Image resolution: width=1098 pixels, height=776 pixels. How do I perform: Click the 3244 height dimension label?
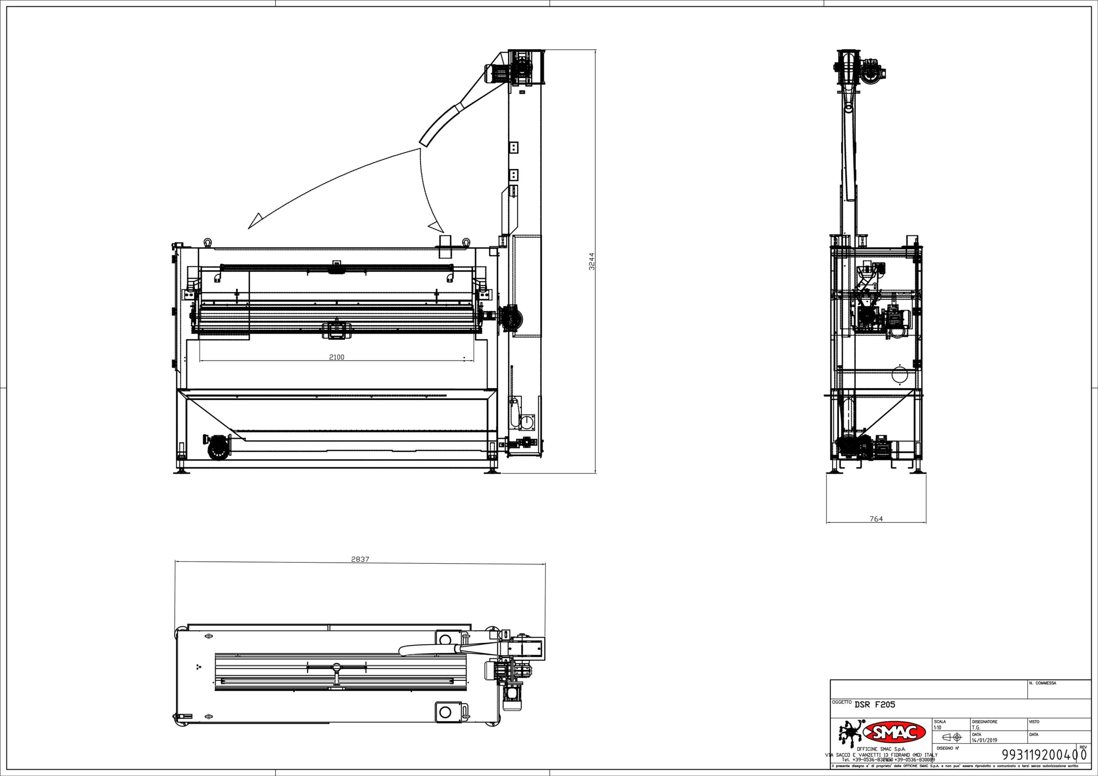(591, 262)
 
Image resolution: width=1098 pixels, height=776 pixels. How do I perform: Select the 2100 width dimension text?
(337, 357)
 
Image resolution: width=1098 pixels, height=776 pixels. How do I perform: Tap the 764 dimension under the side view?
(876, 519)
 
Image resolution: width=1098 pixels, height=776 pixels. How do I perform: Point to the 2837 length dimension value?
(360, 559)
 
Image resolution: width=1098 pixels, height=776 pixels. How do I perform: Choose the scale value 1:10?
(937, 727)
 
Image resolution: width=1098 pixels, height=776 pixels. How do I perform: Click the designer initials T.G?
(977, 727)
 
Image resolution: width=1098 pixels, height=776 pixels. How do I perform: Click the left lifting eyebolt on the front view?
(208, 242)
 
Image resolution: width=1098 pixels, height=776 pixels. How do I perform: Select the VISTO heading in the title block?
(1034, 722)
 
